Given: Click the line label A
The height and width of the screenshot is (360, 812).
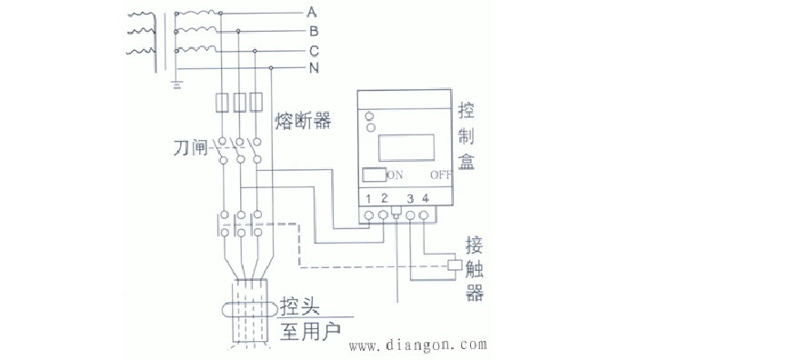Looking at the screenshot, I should point(311,12).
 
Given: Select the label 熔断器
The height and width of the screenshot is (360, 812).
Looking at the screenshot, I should point(303,119).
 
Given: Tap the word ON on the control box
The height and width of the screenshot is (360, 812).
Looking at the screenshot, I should point(396,175).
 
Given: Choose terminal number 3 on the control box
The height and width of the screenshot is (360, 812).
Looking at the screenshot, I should point(410,198).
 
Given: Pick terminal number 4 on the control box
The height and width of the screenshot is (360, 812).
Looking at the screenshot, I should point(426,198).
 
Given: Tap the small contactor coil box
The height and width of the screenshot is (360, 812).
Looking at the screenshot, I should point(456,265).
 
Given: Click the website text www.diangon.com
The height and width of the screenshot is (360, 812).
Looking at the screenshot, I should point(419,346).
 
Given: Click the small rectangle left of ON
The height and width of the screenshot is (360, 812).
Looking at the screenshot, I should point(373,175).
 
